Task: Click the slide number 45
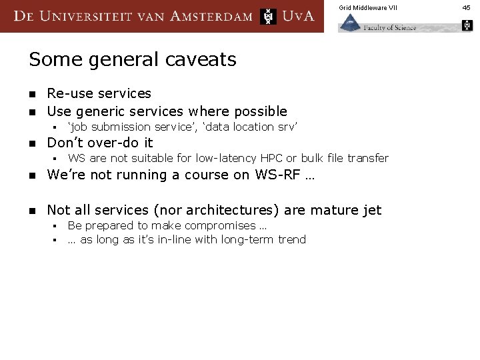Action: [467, 7]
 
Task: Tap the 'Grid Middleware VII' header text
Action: [367, 7]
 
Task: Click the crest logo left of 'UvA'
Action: [268, 16]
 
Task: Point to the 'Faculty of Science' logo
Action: [377, 25]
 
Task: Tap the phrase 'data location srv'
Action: [257, 127]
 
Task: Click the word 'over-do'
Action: [113, 143]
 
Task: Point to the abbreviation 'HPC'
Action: [271, 158]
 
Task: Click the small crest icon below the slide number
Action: [467, 25]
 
